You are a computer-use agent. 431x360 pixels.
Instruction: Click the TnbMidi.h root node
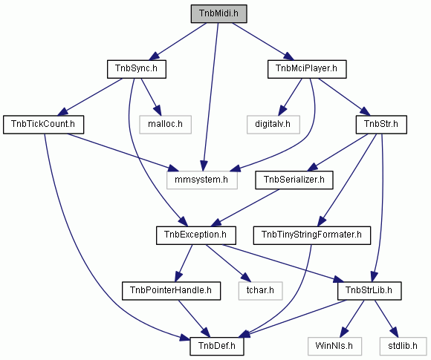pos(218,13)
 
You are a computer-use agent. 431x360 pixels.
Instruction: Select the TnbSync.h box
pos(136,69)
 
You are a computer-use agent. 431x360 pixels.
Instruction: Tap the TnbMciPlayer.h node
pos(307,69)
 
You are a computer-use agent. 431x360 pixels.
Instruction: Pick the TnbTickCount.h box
pos(43,125)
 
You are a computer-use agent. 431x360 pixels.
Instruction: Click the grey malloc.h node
pos(165,125)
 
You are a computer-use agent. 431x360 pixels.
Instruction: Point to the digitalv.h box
pos(273,125)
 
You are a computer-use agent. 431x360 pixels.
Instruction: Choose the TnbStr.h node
pos(381,125)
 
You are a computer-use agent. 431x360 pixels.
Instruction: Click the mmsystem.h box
pos(202,180)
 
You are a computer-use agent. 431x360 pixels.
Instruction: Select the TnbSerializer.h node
pos(294,180)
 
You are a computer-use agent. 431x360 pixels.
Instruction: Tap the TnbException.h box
pos(196,235)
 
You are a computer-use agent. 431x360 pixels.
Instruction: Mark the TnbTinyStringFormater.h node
pos(311,235)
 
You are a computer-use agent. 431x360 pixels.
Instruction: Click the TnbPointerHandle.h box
pos(171,291)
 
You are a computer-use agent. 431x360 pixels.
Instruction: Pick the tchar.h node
pos(260,291)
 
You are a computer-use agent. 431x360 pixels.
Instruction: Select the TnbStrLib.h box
pos(369,291)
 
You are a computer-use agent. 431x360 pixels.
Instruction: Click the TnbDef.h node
pos(216,347)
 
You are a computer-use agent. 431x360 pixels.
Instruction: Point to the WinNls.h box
pos(334,347)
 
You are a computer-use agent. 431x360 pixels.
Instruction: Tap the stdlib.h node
pos(403,347)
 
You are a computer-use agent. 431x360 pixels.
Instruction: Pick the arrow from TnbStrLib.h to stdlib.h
pos(386,318)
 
